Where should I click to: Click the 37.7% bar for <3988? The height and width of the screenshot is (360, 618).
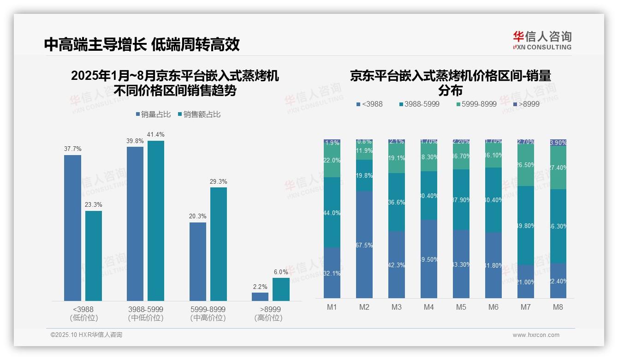(72, 228)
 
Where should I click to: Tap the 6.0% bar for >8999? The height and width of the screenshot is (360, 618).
(281, 289)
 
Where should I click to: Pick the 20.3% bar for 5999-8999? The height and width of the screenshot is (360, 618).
(198, 262)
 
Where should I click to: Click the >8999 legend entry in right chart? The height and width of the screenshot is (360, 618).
(526, 104)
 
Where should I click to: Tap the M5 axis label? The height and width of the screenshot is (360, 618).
(461, 307)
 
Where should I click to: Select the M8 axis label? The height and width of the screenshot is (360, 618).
(558, 307)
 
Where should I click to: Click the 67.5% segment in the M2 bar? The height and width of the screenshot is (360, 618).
(364, 245)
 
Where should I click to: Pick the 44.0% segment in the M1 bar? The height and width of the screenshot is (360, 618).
(332, 212)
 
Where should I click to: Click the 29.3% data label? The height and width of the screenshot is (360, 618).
(219, 182)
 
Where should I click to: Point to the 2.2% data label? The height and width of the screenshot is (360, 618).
(260, 287)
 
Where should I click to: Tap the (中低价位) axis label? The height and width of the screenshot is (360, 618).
(145, 318)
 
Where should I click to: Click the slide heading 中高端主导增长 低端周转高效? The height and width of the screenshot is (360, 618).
(142, 45)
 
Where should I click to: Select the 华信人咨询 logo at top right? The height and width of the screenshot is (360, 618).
(542, 40)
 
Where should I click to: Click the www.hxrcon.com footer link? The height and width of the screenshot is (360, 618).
(536, 335)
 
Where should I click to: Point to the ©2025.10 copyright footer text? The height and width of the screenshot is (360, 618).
(86, 335)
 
